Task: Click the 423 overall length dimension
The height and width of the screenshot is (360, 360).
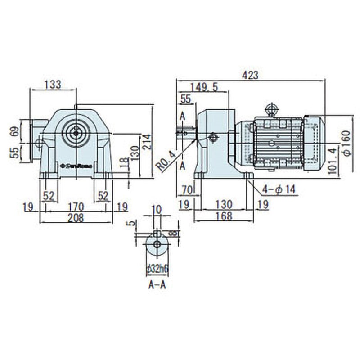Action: (x=250, y=75)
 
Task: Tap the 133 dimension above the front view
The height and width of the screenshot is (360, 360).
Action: (x=53, y=84)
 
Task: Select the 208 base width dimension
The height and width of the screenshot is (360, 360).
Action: (x=76, y=218)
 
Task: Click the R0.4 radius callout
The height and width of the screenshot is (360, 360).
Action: (x=166, y=161)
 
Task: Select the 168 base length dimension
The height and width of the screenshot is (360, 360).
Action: (x=224, y=216)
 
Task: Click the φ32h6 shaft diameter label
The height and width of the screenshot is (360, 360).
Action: (x=157, y=269)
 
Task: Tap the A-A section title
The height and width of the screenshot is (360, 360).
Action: (x=157, y=285)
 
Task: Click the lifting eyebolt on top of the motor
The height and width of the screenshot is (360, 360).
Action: (x=271, y=109)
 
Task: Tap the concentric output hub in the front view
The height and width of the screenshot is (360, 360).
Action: (x=76, y=132)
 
